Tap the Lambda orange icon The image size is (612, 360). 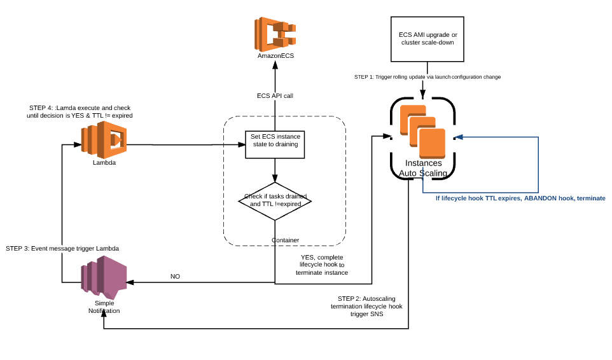(104, 140)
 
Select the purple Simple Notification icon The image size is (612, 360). (104, 278)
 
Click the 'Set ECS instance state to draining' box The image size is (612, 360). (274, 144)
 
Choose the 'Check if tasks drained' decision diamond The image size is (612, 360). (274, 201)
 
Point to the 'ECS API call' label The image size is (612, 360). (275, 96)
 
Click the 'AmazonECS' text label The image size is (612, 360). (275, 56)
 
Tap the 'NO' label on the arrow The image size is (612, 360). (175, 277)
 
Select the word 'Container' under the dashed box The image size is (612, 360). (285, 240)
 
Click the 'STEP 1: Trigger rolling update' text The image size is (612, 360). (427, 77)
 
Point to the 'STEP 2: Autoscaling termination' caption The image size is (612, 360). (366, 306)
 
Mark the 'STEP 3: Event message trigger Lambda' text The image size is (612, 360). (62, 247)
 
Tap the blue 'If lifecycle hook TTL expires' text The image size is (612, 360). (520, 198)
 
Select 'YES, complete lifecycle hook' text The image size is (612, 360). (322, 265)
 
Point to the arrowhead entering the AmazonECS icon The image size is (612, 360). (275, 66)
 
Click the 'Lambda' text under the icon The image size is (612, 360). (104, 162)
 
